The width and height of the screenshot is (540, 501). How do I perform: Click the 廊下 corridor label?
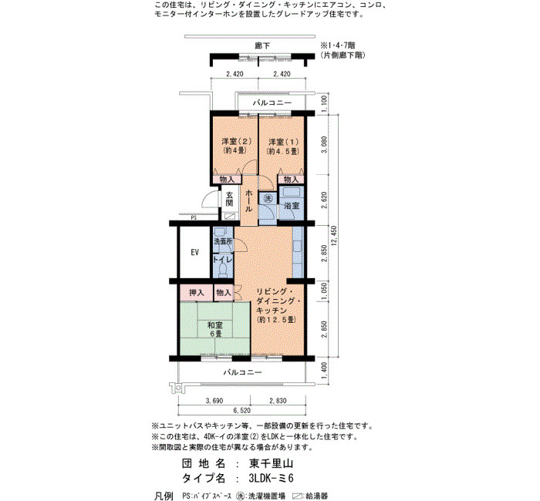pos(262,45)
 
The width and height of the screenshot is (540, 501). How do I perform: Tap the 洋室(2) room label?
pos(236,141)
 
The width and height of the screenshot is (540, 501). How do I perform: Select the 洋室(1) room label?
pos(284,142)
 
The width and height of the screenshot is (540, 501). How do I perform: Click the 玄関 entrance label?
pos(229,199)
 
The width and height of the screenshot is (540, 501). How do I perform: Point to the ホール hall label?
pos(248,201)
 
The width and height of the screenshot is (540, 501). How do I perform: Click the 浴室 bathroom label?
pos(292,206)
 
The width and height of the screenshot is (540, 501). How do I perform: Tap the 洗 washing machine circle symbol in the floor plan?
pos(268,198)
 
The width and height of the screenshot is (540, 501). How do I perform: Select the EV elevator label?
pos(194,252)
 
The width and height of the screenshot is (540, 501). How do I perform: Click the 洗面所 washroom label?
pos(224,241)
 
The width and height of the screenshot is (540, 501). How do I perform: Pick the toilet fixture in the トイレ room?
pos(223,270)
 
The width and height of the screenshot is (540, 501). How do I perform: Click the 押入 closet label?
pos(196,293)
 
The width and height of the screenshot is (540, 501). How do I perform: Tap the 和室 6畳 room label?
pos(215,329)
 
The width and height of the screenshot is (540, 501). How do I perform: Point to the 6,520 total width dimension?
pos(241,411)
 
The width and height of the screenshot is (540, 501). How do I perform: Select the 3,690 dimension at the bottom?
pos(214,401)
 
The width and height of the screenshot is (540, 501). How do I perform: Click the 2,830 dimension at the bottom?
pos(278,401)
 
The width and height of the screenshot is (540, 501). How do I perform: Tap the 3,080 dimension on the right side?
pos(324,145)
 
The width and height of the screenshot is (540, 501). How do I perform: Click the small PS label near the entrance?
pos(194,218)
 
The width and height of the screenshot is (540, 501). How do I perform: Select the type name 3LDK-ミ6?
pos(271,479)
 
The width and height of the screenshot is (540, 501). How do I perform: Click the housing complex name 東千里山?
pos(271,463)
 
